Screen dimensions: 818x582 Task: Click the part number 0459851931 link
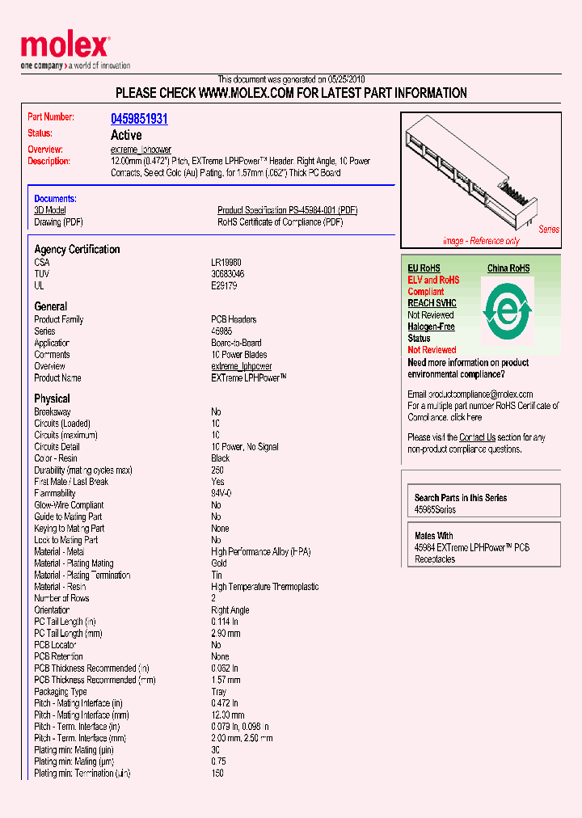139,119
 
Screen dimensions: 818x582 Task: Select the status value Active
125,135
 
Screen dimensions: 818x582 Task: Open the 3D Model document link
50,210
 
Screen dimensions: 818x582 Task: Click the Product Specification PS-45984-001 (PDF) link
287,210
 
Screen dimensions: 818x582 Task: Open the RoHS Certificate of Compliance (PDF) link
280,222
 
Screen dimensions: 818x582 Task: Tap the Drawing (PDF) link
58,222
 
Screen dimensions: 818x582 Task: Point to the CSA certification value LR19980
226,263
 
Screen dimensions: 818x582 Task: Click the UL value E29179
224,285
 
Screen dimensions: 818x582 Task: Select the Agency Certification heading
77,250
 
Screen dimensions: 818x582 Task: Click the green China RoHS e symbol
507,308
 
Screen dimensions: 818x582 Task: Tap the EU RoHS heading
424,268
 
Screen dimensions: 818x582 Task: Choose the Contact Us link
477,437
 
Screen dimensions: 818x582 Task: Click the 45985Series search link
435,510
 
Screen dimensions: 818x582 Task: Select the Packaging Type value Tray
219,692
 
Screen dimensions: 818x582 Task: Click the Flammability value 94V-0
221,493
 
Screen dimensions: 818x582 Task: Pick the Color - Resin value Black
220,458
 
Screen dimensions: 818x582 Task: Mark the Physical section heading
52,398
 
